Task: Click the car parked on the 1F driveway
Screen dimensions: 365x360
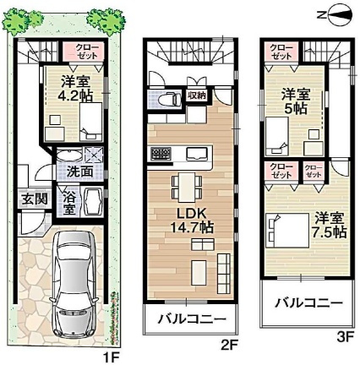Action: point(79,285)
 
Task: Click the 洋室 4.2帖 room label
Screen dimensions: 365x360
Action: point(74,90)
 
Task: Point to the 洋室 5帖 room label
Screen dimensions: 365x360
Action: point(297,103)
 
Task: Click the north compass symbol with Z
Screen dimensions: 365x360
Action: point(335,14)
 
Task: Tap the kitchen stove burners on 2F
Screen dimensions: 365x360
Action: point(160,153)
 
